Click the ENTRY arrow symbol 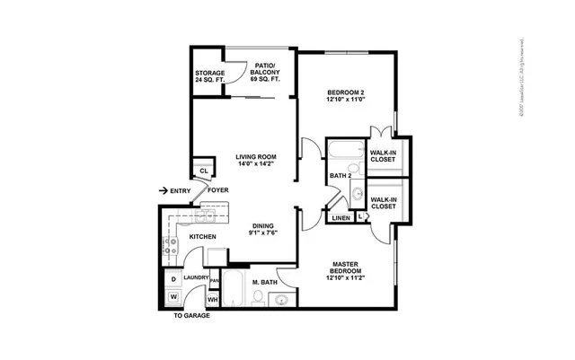pyautogui.click(x=164, y=191)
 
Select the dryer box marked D pyautogui.click(x=173, y=279)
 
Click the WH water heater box pyautogui.click(x=214, y=299)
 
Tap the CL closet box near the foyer pyautogui.click(x=204, y=171)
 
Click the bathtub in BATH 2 pyautogui.click(x=345, y=150)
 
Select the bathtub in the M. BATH pyautogui.click(x=234, y=291)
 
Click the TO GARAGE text pyautogui.click(x=191, y=317)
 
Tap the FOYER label pyautogui.click(x=218, y=190)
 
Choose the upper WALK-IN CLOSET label pyautogui.click(x=384, y=156)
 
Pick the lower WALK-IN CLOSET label pyautogui.click(x=384, y=203)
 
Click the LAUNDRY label pyautogui.click(x=196, y=278)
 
